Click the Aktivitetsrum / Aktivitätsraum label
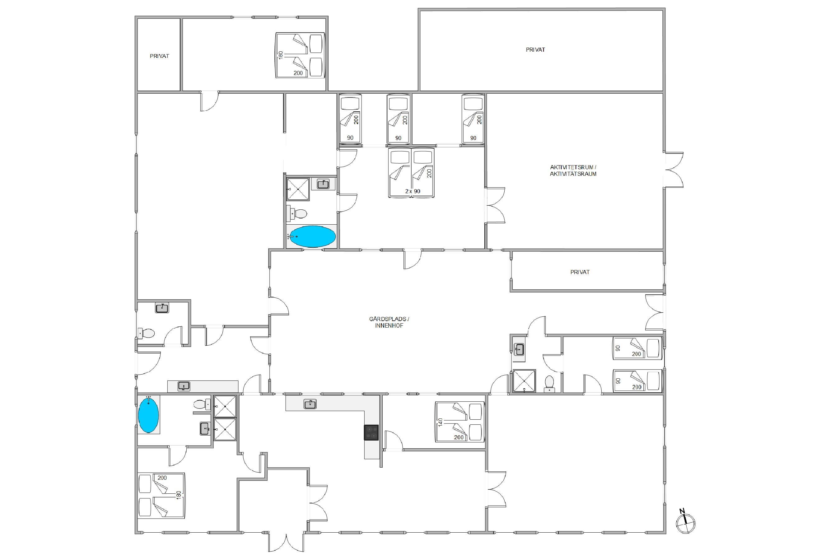[573, 170]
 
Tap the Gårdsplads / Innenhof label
[389, 322]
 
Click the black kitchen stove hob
[371, 432]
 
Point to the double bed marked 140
[460, 422]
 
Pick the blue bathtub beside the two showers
[148, 415]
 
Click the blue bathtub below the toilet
[312, 236]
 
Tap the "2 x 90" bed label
[413, 191]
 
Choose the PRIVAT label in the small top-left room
[159, 56]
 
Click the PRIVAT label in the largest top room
[535, 50]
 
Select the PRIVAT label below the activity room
[580, 272]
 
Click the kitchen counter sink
[310, 404]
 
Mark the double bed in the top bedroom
[300, 55]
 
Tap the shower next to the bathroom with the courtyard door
[524, 381]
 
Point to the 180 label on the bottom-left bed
[179, 495]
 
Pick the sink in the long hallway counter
[184, 386]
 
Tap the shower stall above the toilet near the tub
[298, 189]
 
